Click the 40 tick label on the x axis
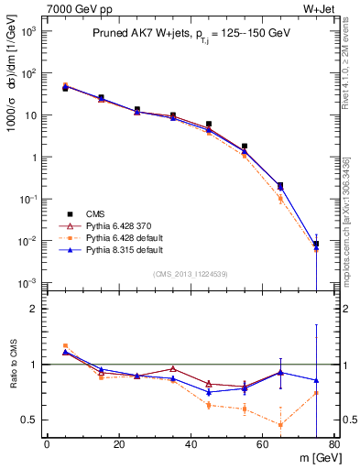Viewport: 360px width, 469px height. (191, 446)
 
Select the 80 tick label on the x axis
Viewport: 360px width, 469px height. (334, 446)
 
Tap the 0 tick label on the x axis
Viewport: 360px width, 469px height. (47, 446)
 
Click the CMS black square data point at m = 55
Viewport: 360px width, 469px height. (245, 147)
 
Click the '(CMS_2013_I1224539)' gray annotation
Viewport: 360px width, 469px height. (191, 273)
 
